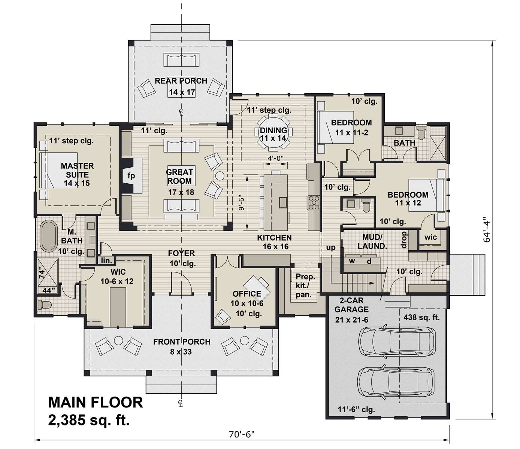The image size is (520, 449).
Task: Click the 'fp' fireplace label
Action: [131, 175]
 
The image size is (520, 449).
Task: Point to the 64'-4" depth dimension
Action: [487, 229]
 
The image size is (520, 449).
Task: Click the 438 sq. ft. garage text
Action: [421, 318]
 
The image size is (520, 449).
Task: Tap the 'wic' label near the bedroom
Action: [430, 237]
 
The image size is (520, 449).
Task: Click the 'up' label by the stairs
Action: [331, 247]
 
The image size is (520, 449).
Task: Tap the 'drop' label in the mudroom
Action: [404, 240]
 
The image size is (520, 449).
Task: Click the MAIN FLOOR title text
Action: [96, 402]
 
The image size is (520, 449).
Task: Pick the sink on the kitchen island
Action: [283, 202]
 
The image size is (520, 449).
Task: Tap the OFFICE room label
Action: [247, 294]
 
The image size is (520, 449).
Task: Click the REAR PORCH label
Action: [181, 81]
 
